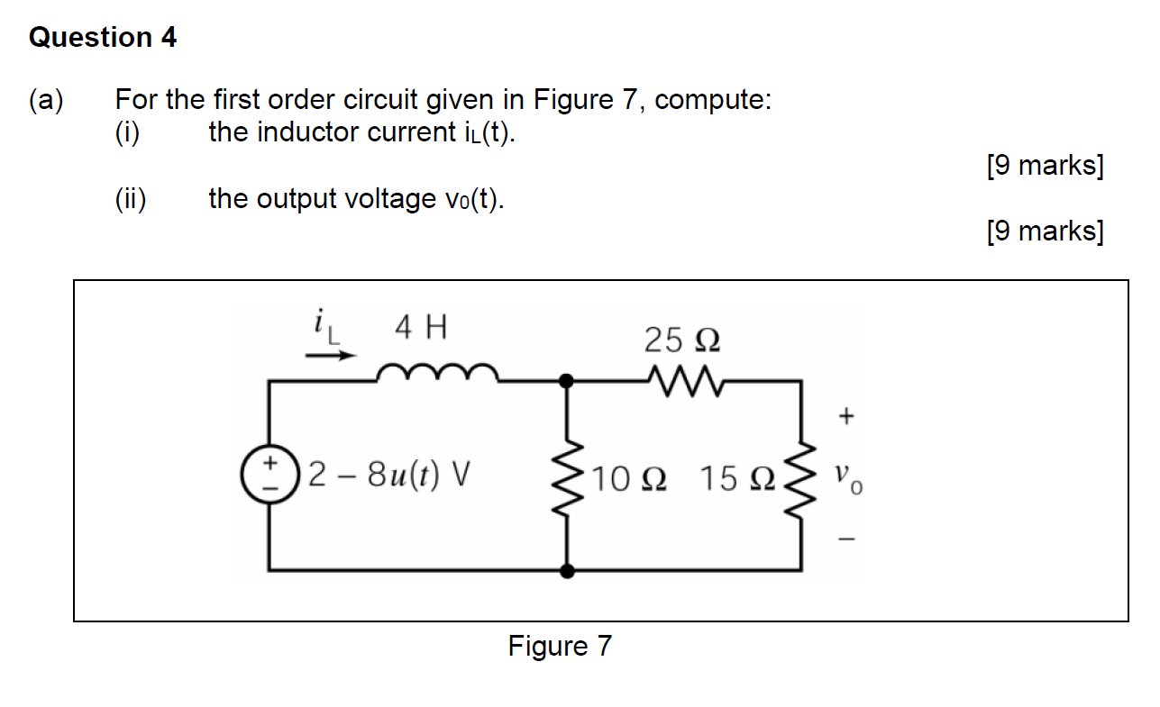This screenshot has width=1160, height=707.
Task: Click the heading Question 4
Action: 103,38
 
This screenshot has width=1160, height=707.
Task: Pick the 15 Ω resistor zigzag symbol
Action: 801,476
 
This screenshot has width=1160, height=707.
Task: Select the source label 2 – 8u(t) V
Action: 390,474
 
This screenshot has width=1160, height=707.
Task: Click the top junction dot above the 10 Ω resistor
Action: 567,381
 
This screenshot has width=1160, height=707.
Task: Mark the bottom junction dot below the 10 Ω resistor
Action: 567,570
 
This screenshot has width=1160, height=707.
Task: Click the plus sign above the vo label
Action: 845,415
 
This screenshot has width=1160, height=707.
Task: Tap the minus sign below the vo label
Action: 845,541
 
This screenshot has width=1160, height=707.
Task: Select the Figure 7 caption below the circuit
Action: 560,646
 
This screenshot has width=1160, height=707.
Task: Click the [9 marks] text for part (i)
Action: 1045,166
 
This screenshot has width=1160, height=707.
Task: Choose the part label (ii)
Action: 132,198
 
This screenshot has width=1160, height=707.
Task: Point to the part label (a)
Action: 46,99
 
